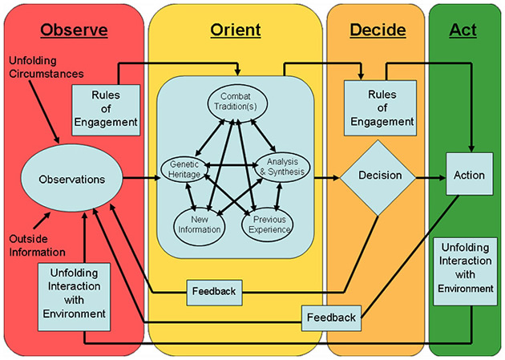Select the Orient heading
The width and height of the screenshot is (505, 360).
[x=235, y=30]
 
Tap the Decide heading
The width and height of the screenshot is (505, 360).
[x=378, y=30]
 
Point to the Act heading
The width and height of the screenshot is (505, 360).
[x=463, y=30]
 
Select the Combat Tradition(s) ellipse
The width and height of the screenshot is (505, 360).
[x=236, y=103]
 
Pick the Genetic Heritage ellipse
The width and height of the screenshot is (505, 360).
[x=184, y=167]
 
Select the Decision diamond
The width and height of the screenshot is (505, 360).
[x=378, y=176]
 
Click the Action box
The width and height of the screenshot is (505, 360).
[x=469, y=176]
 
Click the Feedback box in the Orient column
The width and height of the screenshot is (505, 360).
[x=214, y=291]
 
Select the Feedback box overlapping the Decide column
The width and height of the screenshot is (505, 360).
[x=331, y=318]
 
